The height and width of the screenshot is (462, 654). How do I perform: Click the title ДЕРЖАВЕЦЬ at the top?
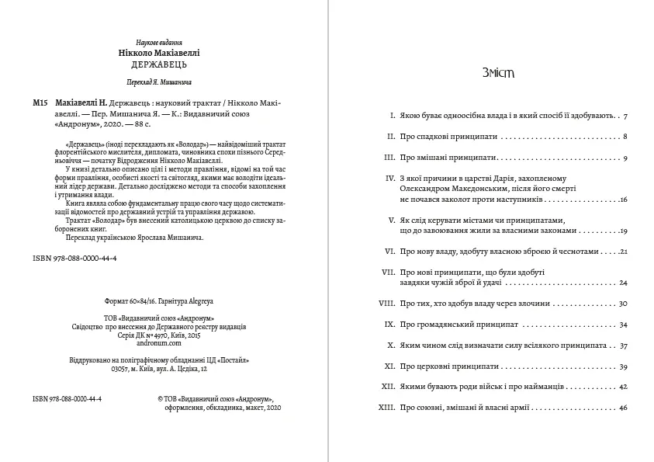158,64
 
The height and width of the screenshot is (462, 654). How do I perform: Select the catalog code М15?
42,102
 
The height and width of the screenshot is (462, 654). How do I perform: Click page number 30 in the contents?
622,302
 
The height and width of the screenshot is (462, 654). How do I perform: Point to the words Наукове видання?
158,41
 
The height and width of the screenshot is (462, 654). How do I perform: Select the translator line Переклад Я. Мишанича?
158,82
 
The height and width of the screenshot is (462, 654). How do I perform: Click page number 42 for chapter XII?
622,386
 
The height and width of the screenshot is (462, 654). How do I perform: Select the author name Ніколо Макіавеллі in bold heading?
158,52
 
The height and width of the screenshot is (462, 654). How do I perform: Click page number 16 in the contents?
623,200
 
